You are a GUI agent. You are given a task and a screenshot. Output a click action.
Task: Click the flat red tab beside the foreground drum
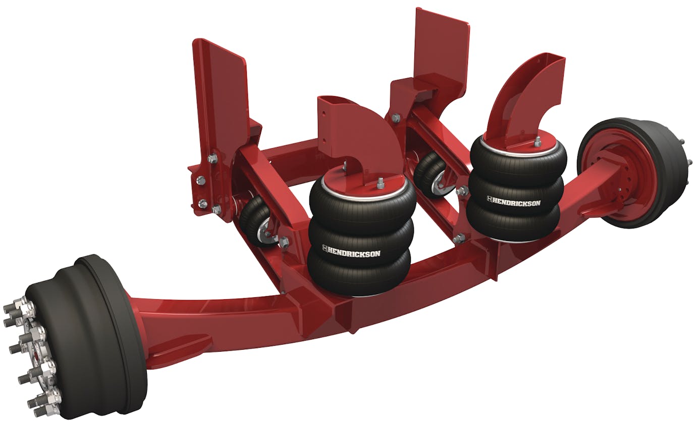coord(182,349)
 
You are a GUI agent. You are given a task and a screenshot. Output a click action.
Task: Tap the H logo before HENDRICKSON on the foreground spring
coord(326,250)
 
